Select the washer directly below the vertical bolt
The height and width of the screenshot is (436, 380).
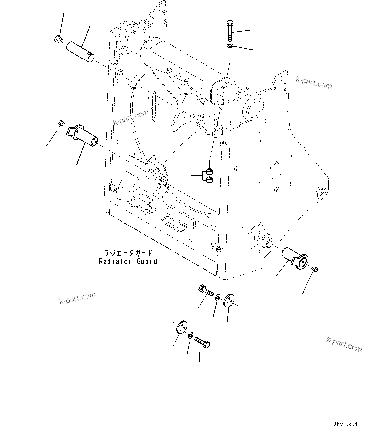[x=230, y=46]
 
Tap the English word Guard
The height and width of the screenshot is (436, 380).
[x=147, y=261]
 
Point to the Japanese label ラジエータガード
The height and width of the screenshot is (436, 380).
[x=128, y=253]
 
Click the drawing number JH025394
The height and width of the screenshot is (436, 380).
[x=345, y=424]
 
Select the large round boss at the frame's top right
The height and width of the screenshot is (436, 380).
[x=254, y=109]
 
